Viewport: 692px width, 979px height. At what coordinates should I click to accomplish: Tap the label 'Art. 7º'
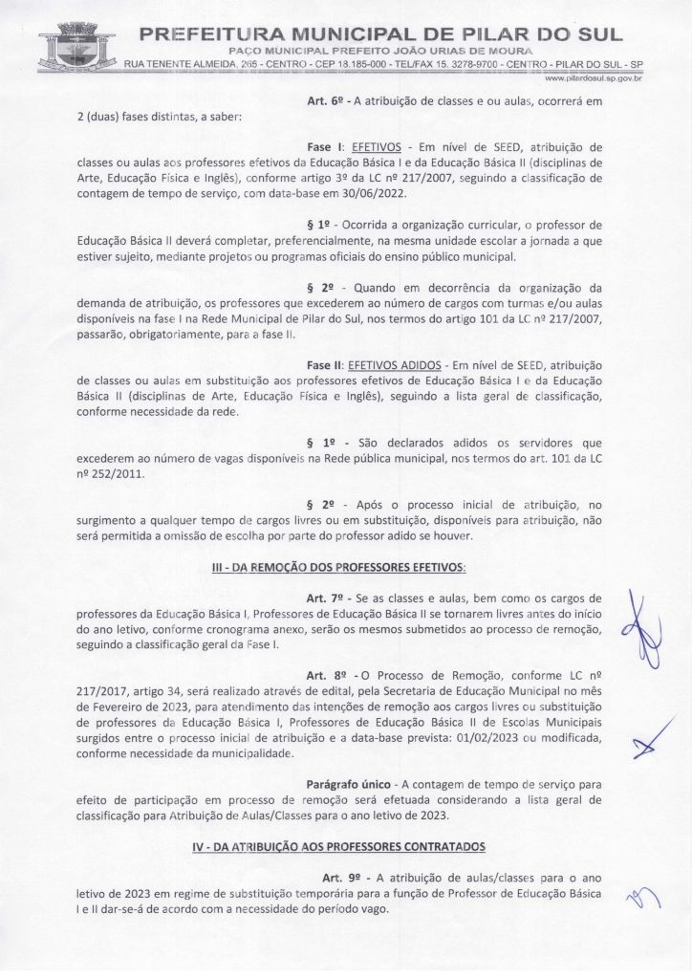325,598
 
